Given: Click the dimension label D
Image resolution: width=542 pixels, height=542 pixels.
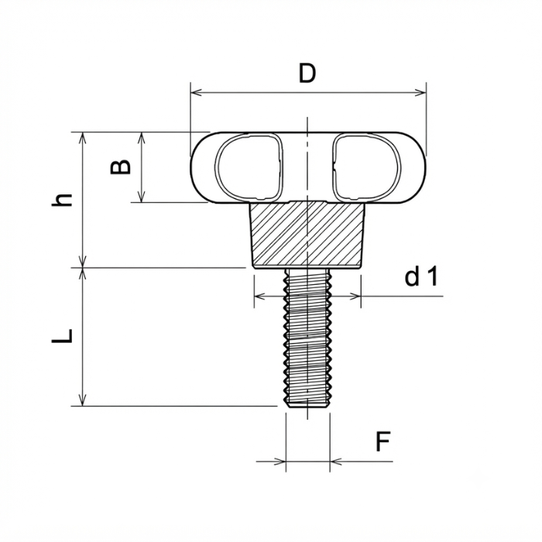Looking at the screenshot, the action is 307,74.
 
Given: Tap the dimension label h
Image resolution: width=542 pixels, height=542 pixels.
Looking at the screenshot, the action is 62,200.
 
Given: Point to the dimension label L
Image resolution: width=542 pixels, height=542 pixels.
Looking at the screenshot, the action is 62,335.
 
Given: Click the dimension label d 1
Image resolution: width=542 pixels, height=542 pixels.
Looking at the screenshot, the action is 421,276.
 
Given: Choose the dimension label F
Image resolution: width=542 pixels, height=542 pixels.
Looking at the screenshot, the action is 382,441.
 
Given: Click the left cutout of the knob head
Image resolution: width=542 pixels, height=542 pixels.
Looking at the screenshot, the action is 249,168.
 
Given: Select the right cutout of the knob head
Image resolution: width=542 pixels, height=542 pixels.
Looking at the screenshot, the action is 366,167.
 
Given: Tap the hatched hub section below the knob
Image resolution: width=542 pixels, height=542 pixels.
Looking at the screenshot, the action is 307,235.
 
